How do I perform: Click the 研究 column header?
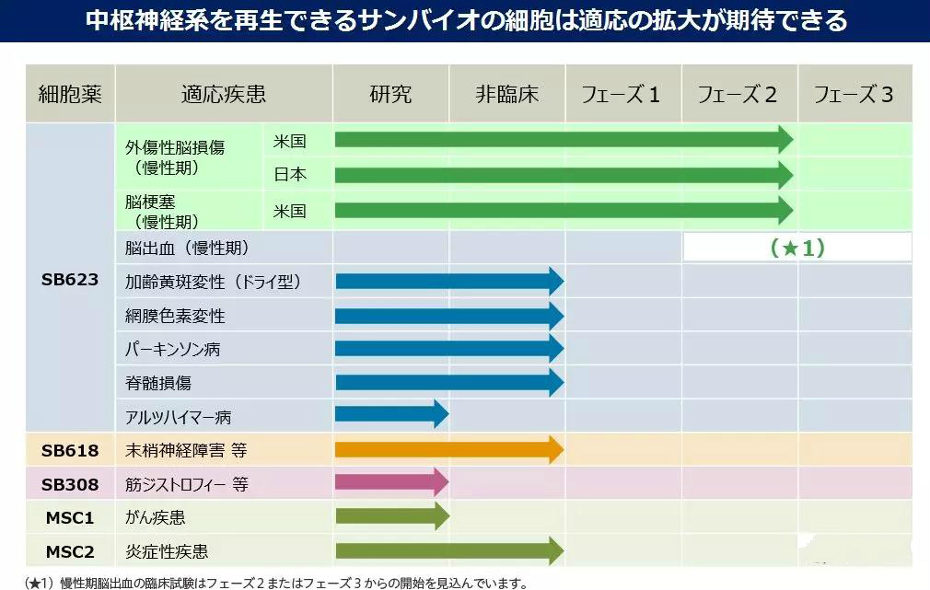coord(390,93)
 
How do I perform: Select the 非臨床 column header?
coord(506,93)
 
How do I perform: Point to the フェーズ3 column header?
coord(854,93)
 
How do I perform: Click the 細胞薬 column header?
coord(70,93)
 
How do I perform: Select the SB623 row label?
coord(70,280)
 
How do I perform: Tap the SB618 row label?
coord(70,450)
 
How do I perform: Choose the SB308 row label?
coord(70,484)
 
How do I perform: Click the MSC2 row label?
coord(70,551)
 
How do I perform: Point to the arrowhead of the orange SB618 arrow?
coord(555,449)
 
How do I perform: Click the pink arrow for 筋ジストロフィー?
coord(390,482)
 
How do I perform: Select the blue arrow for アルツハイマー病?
coord(390,415)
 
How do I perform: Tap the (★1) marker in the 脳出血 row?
coord(796,248)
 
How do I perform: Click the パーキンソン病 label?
coord(173,350)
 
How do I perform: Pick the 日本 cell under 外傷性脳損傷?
coord(290,174)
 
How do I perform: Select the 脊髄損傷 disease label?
coord(158,383)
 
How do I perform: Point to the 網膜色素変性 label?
coord(175,316)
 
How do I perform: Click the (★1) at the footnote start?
coord(40,583)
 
